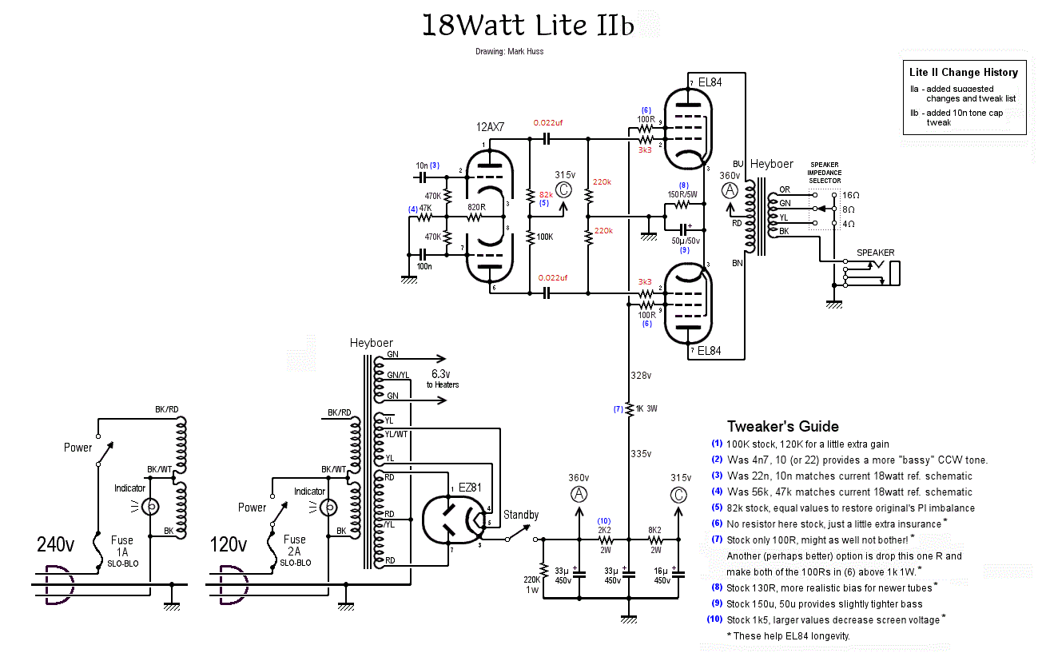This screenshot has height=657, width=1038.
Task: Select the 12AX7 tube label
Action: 491,127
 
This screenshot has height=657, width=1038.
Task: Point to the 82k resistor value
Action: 547,194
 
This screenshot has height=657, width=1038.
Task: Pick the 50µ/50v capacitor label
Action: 686,240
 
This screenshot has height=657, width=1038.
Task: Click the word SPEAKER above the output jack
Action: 875,253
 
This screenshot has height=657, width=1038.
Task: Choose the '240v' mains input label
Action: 55,545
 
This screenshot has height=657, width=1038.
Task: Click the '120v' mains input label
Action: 229,545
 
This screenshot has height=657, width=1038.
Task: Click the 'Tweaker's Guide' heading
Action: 782,426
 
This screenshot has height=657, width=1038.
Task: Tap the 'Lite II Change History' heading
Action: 963,72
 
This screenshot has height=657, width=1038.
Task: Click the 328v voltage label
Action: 641,374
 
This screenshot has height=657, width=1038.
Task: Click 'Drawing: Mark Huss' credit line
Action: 508,52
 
